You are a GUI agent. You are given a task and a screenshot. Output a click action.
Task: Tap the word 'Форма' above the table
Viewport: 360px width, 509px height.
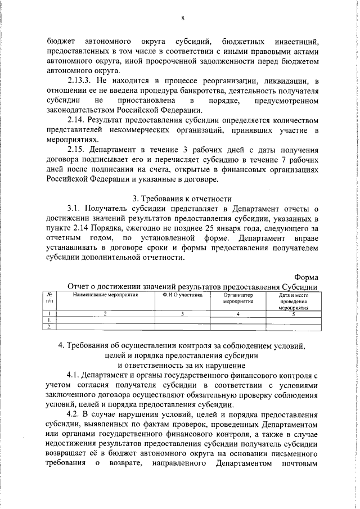tap(307, 276)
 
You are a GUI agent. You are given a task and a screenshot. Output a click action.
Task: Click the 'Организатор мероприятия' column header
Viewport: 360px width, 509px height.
tap(238, 298)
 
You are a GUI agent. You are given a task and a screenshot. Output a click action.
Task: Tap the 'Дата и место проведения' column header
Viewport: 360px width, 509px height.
tap(294, 300)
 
